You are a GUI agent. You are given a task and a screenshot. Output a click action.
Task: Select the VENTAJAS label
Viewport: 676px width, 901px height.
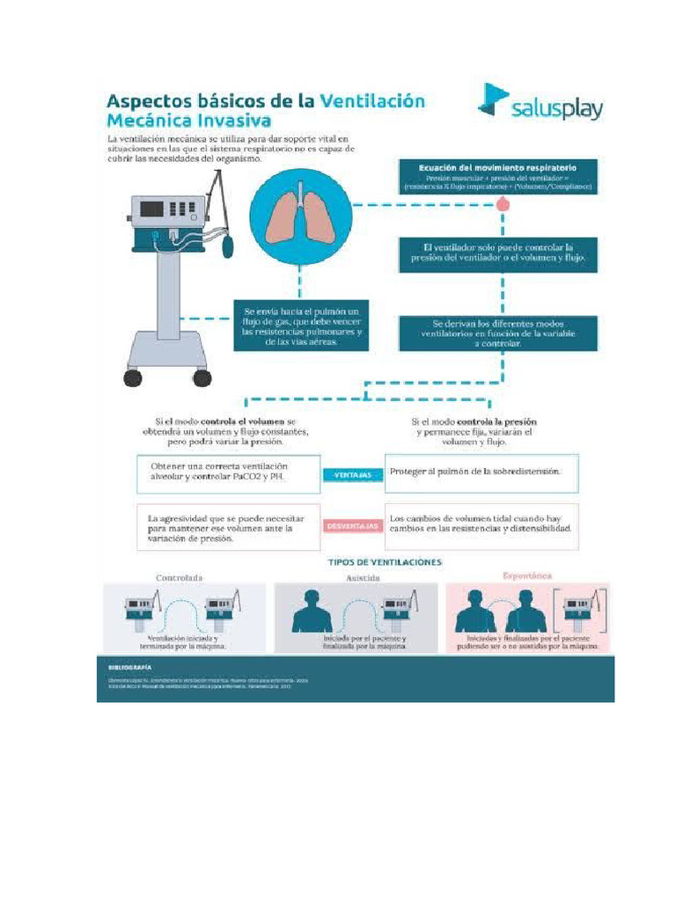click(355, 475)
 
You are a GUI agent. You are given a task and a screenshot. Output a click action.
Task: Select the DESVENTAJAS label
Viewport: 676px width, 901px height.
click(353, 526)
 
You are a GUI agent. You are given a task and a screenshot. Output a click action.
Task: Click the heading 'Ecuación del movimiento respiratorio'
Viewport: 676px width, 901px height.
click(499, 167)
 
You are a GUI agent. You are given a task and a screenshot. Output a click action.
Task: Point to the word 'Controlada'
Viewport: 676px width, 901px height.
click(180, 577)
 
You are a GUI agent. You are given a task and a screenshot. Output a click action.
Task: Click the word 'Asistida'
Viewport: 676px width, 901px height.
click(363, 577)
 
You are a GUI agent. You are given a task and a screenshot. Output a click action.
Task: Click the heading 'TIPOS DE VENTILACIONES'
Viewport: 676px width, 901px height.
click(385, 560)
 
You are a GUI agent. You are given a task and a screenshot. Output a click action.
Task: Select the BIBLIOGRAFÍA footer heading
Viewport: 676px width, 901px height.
click(123, 667)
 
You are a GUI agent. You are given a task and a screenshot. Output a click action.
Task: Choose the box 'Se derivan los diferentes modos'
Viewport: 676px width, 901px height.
click(498, 334)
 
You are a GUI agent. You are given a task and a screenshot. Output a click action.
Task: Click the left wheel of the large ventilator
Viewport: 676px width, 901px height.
click(133, 377)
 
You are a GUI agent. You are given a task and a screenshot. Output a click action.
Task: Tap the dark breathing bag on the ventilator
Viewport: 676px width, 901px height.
click(229, 245)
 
